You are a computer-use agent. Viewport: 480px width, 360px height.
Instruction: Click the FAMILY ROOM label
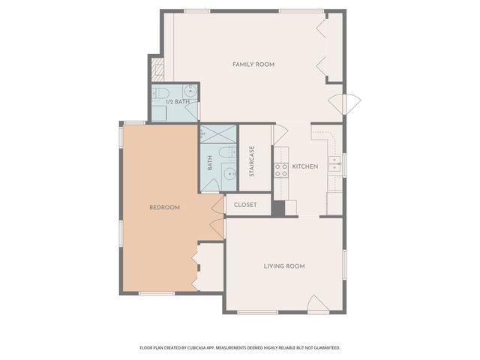(253, 64)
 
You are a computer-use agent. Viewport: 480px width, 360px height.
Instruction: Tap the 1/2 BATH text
(178, 101)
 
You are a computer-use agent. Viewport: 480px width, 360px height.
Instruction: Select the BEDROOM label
(164, 208)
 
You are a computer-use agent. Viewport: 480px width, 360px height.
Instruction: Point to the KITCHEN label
(305, 166)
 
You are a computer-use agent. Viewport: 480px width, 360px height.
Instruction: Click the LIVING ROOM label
(283, 266)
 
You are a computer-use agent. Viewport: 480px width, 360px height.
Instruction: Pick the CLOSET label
(245, 205)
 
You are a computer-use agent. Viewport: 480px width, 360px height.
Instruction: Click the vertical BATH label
(210, 163)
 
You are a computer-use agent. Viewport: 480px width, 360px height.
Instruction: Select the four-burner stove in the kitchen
(281, 170)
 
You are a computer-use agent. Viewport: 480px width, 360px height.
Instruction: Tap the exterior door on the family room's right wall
(346, 103)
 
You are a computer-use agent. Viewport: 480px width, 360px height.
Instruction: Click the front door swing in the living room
(317, 303)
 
